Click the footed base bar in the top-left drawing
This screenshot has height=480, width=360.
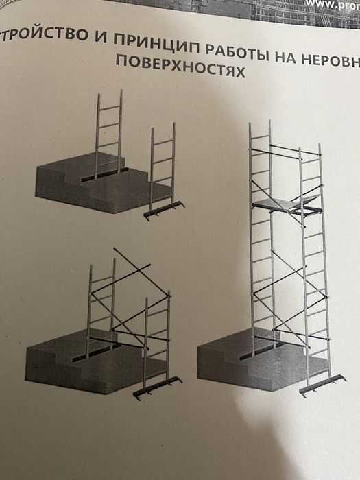165,210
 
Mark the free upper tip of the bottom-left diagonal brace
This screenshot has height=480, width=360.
117,252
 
